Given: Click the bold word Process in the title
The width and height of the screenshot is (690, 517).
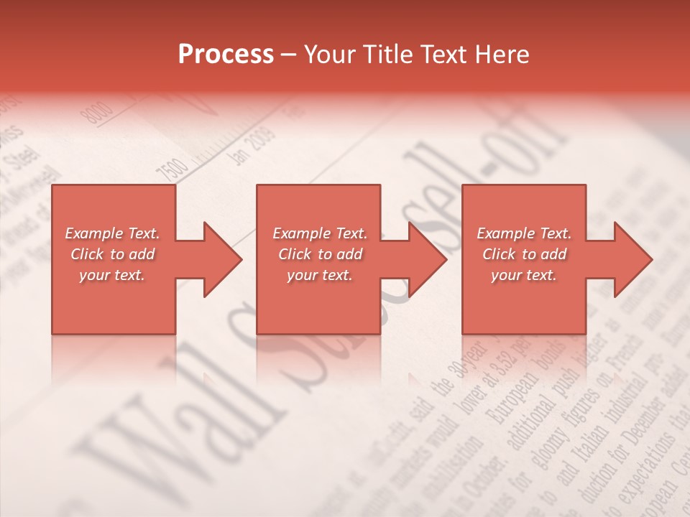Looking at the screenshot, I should (226, 55).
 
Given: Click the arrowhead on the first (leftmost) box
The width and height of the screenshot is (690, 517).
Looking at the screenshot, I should (219, 259).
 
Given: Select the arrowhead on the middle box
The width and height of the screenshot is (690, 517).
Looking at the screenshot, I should (424, 259).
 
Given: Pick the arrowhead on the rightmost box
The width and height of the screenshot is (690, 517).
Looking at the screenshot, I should (630, 259).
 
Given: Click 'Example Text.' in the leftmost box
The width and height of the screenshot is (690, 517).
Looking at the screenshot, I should (112, 233).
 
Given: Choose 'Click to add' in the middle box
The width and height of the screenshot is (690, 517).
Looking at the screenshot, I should (320, 254).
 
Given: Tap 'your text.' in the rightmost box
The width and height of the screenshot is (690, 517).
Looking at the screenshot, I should (524, 275).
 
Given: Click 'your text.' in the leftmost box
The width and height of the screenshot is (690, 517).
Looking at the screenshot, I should (112, 275).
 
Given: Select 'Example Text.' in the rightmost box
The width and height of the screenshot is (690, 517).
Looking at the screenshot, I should (524, 233).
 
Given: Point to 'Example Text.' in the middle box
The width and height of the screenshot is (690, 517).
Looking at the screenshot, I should (320, 233).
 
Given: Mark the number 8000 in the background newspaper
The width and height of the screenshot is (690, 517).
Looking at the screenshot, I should (98, 113).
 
